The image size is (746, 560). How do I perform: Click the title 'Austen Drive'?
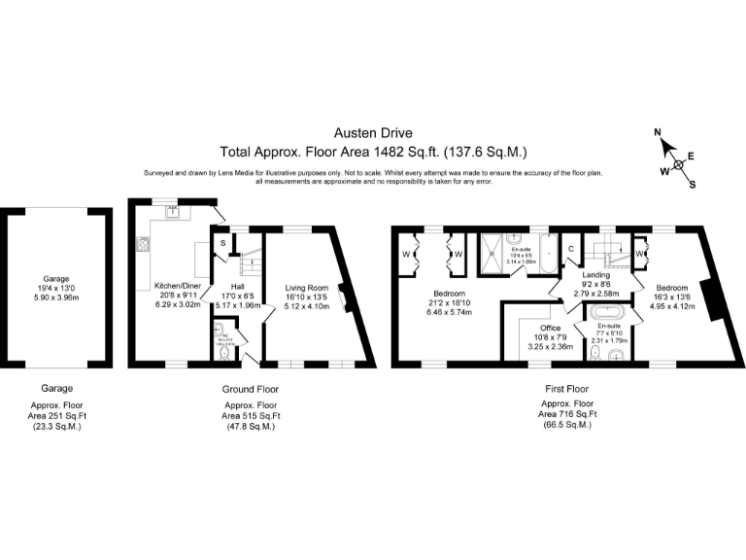[373, 134]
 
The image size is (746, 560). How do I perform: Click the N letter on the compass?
[658, 132]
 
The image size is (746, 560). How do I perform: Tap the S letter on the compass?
[692, 184]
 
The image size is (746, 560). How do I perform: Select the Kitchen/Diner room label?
[177, 286]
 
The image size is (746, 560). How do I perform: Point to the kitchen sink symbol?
[172, 214]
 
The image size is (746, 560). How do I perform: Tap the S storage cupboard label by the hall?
[222, 242]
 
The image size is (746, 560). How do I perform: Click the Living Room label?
[308, 288]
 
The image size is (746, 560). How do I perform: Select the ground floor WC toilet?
[223, 356]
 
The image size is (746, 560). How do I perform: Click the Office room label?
[536, 328]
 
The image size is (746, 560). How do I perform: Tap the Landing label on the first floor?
[595, 275]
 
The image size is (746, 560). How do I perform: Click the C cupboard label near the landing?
[571, 249]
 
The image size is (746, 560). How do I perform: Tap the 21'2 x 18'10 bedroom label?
[449, 302]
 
